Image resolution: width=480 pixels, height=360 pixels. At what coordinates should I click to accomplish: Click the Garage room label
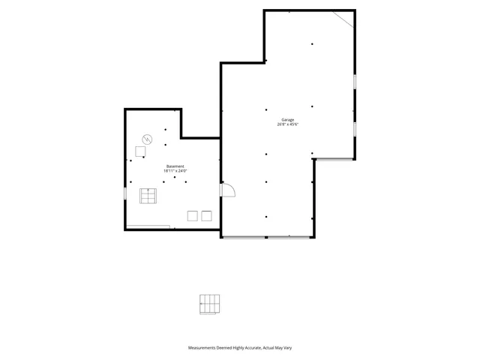tap(288, 120)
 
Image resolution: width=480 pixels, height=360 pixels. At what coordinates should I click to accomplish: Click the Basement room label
tap(175, 166)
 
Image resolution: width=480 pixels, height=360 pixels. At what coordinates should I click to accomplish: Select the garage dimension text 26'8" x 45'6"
tap(288, 124)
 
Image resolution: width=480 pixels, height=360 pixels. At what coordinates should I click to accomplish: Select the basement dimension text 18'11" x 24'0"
tap(175, 171)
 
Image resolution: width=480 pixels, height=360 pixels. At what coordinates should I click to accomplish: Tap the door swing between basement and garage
tap(228, 190)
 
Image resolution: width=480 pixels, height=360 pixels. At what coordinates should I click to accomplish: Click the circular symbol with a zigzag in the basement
tap(148, 139)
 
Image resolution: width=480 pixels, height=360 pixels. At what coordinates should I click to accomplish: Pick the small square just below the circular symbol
tap(140, 151)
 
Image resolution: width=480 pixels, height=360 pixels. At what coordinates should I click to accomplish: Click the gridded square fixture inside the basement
tap(148, 196)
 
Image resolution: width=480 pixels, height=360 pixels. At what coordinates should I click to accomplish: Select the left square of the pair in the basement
tap(193, 216)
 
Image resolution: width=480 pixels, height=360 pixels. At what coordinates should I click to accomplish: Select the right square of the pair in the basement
tap(206, 216)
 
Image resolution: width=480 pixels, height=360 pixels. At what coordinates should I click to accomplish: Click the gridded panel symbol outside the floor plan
tap(210, 304)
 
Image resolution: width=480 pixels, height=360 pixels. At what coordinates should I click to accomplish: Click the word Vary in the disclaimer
tap(298, 348)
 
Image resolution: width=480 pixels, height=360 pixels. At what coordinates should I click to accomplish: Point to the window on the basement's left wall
tap(125, 193)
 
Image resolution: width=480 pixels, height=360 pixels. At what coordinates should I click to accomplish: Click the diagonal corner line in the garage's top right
tap(343, 18)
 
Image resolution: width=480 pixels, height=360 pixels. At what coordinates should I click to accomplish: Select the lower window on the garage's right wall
tap(355, 129)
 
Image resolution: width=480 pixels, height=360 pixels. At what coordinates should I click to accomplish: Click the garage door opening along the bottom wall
tap(267, 238)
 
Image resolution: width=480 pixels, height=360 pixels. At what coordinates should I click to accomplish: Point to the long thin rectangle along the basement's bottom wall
tap(148, 226)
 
